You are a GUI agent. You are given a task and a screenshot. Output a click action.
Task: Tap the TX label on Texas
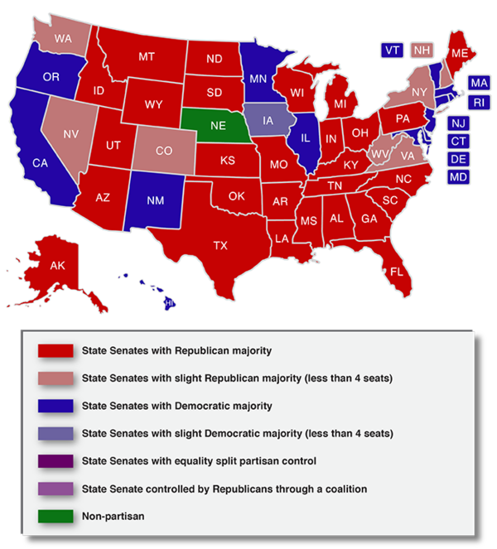[x=220, y=245]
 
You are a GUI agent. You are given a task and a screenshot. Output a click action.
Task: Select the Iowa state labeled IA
[x=269, y=121]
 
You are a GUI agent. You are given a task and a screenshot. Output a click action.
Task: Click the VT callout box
[x=393, y=51]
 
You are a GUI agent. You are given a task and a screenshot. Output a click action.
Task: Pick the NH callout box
[x=423, y=51]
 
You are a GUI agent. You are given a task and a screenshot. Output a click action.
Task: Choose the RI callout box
[x=480, y=103]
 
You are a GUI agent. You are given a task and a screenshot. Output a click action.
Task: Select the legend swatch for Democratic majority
[x=55, y=406]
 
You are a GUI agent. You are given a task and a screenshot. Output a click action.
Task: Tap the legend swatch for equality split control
[x=55, y=460]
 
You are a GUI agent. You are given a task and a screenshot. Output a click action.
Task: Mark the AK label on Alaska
[x=57, y=266]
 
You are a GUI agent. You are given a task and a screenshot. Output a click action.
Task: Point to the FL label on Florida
[x=397, y=272]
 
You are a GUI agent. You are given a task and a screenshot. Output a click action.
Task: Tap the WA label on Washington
[x=63, y=37]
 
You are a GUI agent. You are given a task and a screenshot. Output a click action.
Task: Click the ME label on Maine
[x=460, y=51]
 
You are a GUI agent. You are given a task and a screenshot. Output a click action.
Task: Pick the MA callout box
[x=479, y=83]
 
